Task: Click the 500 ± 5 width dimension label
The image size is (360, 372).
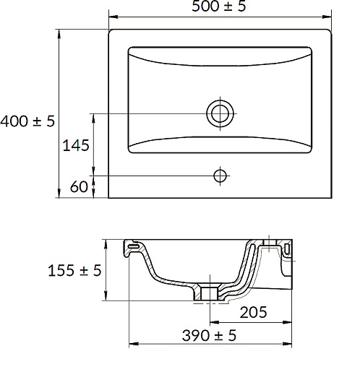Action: (219, 6)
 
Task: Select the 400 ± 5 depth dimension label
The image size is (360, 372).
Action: (27, 121)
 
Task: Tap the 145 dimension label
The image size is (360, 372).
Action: (76, 145)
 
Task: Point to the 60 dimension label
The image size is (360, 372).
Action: (79, 186)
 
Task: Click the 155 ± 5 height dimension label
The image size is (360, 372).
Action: (74, 270)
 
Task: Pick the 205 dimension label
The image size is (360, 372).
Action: (253, 312)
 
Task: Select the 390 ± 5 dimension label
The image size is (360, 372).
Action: (209, 335)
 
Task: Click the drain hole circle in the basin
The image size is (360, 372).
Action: (220, 113)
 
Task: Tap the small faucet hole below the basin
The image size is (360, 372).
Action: (220, 176)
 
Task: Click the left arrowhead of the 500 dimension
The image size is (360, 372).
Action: (113, 17)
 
